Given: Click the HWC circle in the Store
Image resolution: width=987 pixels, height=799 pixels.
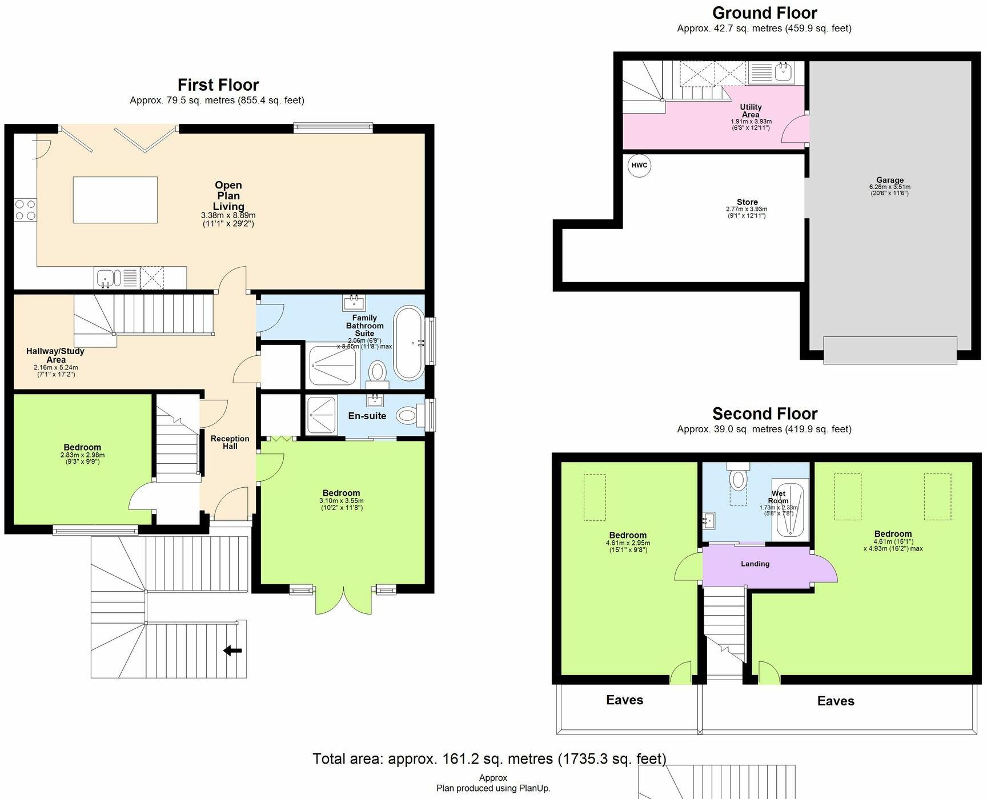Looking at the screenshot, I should (639, 166).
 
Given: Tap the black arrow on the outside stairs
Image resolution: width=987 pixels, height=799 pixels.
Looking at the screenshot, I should (232, 650).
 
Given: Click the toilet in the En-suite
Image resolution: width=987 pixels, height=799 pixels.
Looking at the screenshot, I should (407, 415).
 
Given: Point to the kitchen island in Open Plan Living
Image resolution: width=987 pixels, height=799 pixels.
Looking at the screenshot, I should (115, 199).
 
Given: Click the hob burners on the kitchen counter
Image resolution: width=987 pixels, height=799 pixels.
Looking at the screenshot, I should (25, 209).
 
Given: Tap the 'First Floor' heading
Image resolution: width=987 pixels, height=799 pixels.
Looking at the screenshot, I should (218, 85).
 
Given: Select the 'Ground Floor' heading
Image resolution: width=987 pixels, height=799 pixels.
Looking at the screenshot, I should (764, 13).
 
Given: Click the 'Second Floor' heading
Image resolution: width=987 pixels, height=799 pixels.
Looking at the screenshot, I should (764, 413).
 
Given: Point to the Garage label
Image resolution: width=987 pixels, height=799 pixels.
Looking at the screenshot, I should (889, 180).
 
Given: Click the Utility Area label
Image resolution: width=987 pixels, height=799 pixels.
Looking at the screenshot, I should (751, 110).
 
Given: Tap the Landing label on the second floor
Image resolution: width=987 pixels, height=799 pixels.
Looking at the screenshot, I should (755, 564).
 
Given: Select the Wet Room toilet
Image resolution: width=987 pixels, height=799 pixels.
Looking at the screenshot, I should (738, 479).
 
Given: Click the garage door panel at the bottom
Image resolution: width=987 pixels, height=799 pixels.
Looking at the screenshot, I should (889, 350).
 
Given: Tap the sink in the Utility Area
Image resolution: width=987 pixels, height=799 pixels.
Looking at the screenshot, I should (783, 73).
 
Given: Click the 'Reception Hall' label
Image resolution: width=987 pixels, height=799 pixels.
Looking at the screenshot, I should (230, 442).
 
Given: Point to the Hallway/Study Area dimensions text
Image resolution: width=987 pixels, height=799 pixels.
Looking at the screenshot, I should (55, 371).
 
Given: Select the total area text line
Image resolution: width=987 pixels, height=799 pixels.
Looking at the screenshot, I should (489, 758).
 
